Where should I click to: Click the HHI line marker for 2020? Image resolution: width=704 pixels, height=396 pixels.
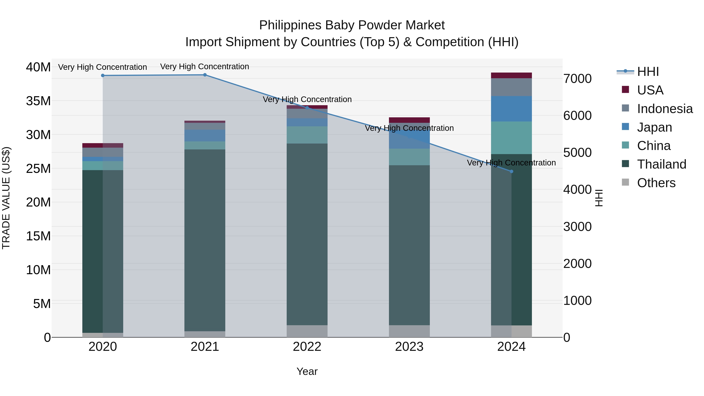point(103,75)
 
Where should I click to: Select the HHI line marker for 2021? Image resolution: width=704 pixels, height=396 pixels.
point(205,75)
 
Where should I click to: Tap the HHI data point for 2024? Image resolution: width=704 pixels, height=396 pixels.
point(512,171)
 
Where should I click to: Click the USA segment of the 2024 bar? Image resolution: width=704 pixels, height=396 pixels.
point(511,75)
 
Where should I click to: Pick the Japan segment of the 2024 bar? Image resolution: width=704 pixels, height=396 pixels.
point(511,109)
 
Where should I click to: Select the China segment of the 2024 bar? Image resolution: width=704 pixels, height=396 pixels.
point(511,138)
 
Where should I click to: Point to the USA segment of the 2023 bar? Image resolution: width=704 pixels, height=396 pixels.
point(409,120)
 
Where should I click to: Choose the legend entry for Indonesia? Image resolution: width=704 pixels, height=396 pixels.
point(665,109)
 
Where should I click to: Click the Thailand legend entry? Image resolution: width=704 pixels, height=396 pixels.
point(661,164)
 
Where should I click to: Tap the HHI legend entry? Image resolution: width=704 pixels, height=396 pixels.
point(648,72)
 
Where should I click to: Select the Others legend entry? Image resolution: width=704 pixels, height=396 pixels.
point(656,183)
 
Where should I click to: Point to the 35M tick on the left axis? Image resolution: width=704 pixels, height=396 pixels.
point(38,101)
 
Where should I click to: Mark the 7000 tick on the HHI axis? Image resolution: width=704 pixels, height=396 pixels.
point(577,79)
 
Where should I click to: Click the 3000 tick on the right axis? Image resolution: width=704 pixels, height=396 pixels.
point(577,227)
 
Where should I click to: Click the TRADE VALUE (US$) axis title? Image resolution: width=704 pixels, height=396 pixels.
point(6,198)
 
